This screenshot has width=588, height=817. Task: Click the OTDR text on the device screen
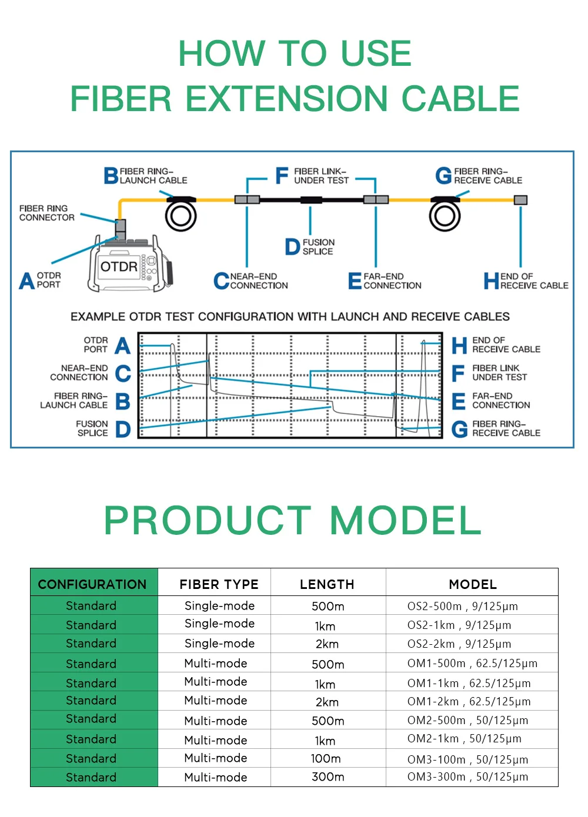119,267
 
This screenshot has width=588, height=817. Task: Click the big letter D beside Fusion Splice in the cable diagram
292,247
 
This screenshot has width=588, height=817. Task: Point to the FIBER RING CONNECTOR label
46,213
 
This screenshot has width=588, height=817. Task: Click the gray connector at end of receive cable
520,200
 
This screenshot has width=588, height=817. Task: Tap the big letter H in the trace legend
459,346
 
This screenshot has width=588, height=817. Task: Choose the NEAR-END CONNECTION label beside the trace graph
79,373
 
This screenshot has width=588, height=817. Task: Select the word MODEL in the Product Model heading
406,520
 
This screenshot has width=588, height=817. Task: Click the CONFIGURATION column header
92,584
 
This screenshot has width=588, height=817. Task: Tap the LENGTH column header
327,584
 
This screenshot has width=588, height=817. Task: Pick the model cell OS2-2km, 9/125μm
459,644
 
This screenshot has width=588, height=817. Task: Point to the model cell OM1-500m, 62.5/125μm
472,664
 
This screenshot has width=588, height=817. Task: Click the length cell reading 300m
328,777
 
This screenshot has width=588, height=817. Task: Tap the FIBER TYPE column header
219,584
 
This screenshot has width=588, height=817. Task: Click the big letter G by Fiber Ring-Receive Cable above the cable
443,176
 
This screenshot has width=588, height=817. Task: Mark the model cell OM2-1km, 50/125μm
464,739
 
